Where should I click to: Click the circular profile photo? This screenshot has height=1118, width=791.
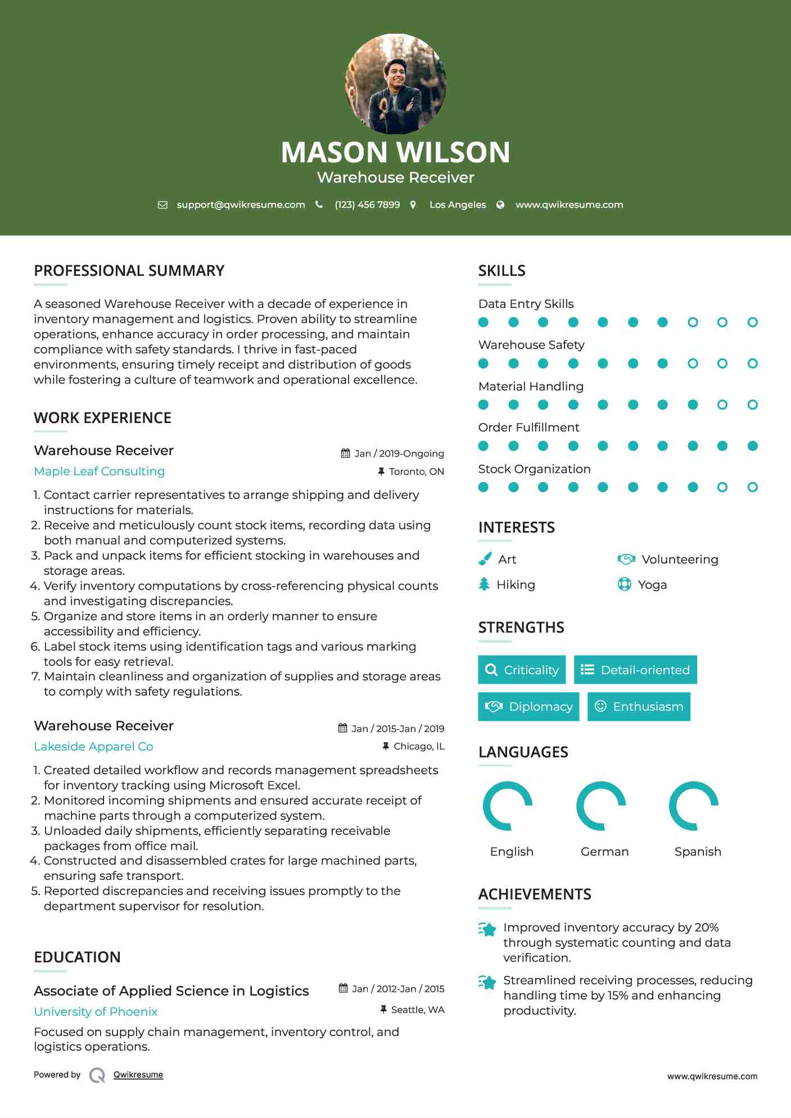396,84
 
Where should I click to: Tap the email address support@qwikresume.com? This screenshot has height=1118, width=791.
241,204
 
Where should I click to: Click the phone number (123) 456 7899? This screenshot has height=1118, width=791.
367,204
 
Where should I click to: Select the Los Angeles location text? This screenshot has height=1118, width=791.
458,204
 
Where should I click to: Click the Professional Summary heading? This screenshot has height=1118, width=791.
129,271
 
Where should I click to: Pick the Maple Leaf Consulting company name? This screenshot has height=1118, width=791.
100,471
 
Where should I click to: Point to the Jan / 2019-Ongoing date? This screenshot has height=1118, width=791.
399,453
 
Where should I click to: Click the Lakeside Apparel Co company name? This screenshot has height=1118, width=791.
93,747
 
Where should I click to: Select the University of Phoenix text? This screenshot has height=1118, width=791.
96,1012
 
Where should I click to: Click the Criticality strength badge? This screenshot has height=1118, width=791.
522,670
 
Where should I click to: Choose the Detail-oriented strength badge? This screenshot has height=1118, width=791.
635,670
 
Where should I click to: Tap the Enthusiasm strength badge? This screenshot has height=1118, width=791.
639,707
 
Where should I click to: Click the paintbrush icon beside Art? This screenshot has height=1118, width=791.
485,559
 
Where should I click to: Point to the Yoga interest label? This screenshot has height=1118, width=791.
652,585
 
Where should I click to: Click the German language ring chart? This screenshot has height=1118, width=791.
601,806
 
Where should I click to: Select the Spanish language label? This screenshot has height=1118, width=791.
698,852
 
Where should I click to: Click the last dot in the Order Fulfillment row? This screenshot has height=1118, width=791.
752,446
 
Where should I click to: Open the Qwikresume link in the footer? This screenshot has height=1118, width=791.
138,1075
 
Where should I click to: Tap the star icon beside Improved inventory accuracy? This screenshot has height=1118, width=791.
487,929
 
